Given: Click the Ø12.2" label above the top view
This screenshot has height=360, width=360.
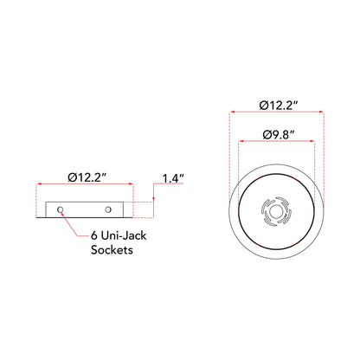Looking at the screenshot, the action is [x=279, y=105].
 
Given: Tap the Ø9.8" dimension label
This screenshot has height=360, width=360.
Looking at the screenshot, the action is [x=279, y=135].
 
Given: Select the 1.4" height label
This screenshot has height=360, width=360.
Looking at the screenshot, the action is [x=173, y=178].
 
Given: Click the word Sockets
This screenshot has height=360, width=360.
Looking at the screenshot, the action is [x=112, y=249].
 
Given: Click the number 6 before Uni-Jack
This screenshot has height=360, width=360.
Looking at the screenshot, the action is [x=94, y=235].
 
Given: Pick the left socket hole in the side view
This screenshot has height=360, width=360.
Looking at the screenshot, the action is [x=61, y=209].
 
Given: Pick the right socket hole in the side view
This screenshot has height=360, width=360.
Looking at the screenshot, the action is [x=108, y=209].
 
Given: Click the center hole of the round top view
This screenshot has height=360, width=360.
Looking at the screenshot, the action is [x=274, y=212].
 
